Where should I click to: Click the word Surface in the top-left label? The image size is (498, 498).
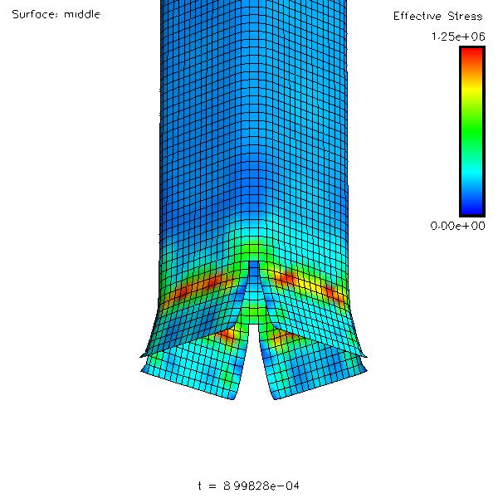tap(35, 14)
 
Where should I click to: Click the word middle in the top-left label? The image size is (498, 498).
tap(82, 14)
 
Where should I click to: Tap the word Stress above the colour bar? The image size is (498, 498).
tap(465, 16)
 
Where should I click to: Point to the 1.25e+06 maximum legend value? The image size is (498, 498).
tap(458, 37)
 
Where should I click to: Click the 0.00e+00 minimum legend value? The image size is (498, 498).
tap(457, 226)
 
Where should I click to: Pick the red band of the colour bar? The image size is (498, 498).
tap(472, 57)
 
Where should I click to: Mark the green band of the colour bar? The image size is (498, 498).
tap(472, 127)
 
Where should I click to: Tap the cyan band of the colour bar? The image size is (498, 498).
tap(472, 172)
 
